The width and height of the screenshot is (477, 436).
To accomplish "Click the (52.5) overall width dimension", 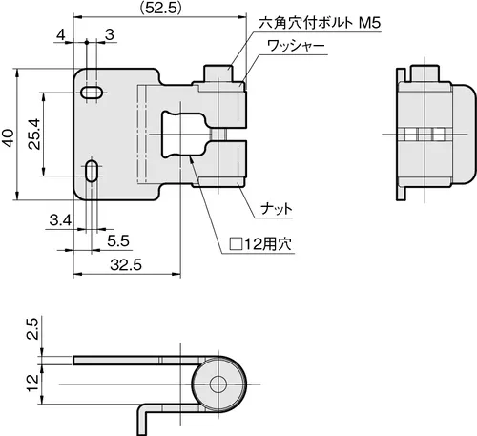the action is click(x=161, y=8).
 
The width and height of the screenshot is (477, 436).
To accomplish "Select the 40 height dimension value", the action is click(x=8, y=137).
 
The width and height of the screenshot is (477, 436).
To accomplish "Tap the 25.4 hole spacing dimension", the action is click(x=33, y=134).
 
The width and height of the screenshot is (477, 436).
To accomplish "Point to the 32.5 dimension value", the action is click(x=126, y=265).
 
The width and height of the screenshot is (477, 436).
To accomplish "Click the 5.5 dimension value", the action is click(x=118, y=241).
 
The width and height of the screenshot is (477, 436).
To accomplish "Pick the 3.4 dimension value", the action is click(x=60, y=220).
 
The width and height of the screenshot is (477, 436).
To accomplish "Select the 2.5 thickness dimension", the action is click(x=32, y=328).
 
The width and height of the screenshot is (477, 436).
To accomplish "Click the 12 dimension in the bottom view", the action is click(x=32, y=384).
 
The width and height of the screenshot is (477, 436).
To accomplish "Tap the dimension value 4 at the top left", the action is click(x=60, y=34).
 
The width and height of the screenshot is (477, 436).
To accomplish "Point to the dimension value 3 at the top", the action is click(x=110, y=34).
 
